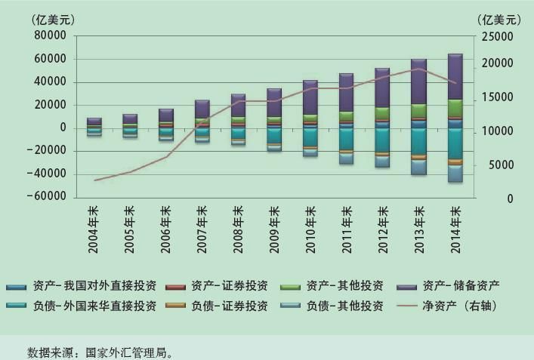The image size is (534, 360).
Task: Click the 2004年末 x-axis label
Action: [x=94, y=220]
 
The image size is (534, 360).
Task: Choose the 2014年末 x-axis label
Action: [x=455, y=220]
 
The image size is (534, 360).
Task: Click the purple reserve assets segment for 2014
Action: [x=455, y=76]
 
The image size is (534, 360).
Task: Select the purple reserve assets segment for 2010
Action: [x=310, y=97]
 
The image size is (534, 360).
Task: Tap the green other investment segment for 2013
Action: [x=419, y=110]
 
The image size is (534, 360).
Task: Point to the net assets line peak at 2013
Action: [x=419, y=69]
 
